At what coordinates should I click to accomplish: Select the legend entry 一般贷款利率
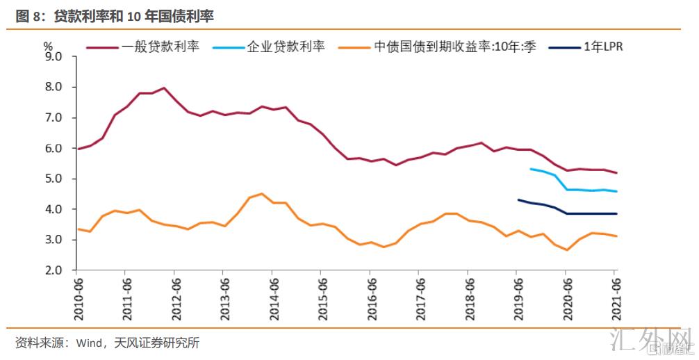[161, 48]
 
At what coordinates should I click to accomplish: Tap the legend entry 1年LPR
[603, 48]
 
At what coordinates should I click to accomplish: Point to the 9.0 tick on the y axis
[54, 56]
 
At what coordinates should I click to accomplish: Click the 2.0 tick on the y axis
[54, 270]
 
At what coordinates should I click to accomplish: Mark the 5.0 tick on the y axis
[54, 179]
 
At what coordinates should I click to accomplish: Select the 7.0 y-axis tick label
[54, 117]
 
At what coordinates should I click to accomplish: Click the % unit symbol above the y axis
[48, 44]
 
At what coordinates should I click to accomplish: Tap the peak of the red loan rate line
[163, 88]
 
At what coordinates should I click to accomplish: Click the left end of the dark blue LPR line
[518, 200]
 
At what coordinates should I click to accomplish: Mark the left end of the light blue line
[530, 169]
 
